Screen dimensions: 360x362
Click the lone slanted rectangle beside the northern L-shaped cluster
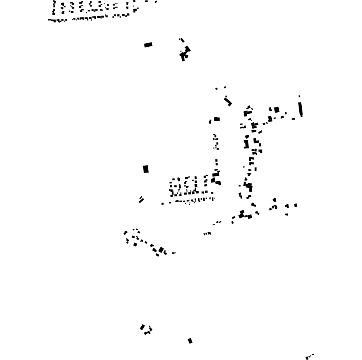coord(148,45)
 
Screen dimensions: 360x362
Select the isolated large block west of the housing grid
coord(146,169)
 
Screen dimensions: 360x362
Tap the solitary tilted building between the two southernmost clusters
coord(190,341)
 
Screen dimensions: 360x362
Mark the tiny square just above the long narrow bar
coord(299,96)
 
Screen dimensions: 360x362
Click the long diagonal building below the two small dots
coord(228,101)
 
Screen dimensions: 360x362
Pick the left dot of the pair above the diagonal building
coord(216,89)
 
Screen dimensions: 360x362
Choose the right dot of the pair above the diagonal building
coord(225,87)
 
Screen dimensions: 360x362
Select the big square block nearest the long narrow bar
coord(276,110)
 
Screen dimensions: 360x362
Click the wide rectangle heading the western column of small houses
coord(217,119)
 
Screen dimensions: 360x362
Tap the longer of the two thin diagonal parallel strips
coord(142,201)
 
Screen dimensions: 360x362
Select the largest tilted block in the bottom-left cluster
coord(142,327)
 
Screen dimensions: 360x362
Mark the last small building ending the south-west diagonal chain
coord(174,253)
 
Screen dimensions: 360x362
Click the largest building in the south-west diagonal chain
coord(161,250)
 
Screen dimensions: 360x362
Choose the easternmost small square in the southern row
coord(295,205)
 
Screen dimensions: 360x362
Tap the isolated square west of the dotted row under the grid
coord(163,204)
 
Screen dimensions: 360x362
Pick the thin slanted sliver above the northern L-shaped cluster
coord(182,40)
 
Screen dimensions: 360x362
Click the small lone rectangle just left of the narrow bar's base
coord(293,119)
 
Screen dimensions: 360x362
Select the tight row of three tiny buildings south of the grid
coord(207,234)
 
